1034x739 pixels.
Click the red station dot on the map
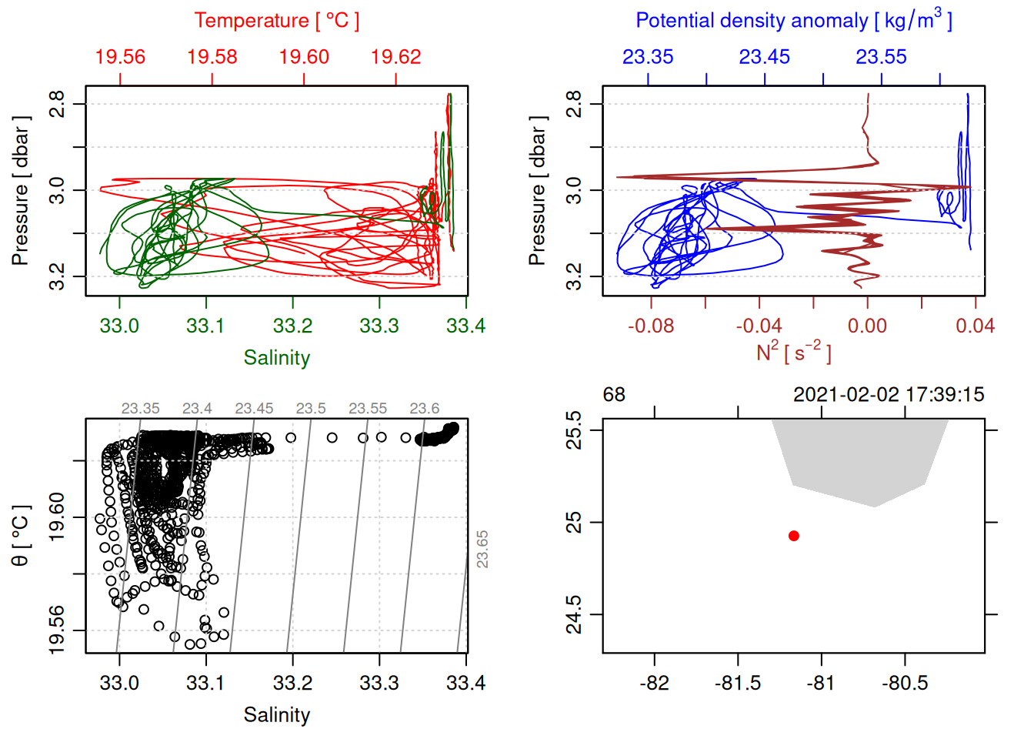[793, 536]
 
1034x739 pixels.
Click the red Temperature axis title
[277, 21]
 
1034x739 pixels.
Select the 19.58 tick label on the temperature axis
[212, 57]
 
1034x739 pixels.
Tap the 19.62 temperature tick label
[396, 57]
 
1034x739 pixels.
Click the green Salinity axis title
[277, 358]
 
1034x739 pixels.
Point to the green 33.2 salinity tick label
[292, 326]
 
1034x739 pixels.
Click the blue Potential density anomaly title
[793, 21]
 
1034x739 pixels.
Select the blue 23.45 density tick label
[765, 57]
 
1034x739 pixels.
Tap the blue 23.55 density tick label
[882, 57]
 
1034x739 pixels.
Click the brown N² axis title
[793, 352]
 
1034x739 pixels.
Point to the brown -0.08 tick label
[651, 326]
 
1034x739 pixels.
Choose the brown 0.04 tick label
[976, 326]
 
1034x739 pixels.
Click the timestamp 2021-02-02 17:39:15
[889, 395]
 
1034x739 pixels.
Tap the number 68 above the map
[614, 395]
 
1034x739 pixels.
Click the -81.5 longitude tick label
[738, 684]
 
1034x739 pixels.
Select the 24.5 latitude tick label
[574, 614]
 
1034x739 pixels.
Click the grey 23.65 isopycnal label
[482, 549]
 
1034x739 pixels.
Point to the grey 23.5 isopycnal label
[311, 409]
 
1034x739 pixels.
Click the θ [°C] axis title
[21, 536]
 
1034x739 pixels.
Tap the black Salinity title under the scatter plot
[277, 715]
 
